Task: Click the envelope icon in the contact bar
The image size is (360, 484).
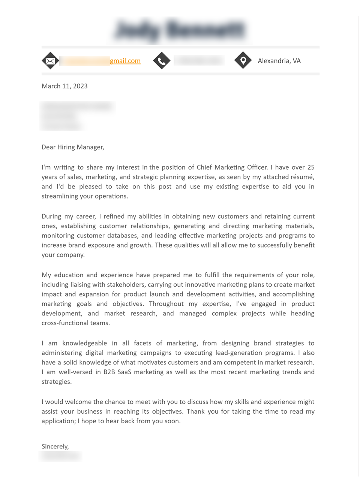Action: point(50,61)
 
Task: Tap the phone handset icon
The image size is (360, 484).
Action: point(162,61)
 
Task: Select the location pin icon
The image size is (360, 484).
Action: point(243,60)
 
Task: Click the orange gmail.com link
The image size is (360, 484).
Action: point(125,61)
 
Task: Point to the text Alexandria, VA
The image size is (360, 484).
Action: point(279,61)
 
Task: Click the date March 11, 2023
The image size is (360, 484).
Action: point(64,86)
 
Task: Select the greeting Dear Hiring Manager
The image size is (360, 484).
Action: point(73,147)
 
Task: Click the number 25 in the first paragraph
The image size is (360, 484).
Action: point(311,167)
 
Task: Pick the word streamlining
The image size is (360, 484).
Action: point(59,196)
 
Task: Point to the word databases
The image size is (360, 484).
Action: point(122,236)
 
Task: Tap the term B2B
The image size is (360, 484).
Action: point(109,372)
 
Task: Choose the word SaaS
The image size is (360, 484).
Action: point(124,372)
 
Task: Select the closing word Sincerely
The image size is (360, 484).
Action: point(55,447)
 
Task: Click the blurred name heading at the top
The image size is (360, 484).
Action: point(180,30)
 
